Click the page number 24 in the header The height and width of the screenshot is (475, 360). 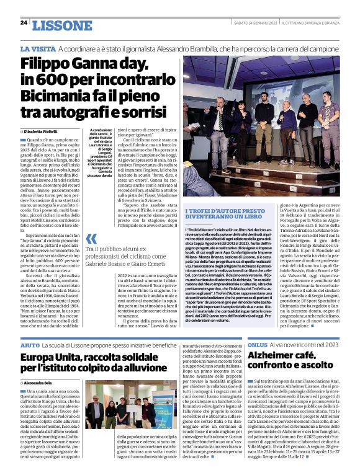(x=23, y=22)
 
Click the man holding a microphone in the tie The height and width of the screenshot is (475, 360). (x=220, y=121)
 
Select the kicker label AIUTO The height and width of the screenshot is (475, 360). (x=29, y=343)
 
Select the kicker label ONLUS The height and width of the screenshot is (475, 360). (x=258, y=343)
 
